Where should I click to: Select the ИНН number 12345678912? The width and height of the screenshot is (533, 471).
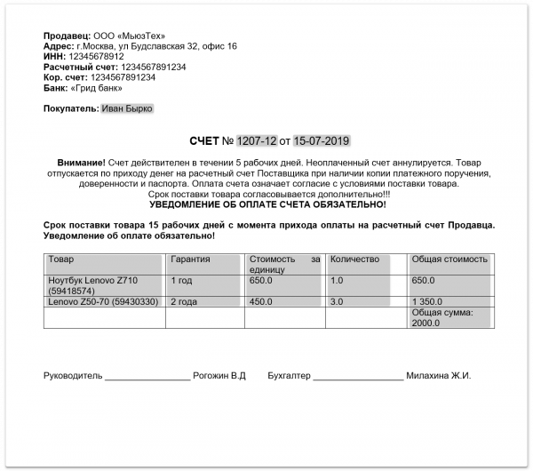tap(99, 56)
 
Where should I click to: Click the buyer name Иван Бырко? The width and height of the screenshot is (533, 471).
tap(126, 109)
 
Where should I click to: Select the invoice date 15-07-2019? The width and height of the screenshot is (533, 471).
tap(322, 140)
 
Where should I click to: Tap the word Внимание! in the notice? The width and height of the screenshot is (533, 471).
tap(81, 164)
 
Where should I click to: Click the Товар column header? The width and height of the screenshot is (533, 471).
tap(61, 259)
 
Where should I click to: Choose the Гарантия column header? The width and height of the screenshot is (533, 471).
tap(190, 259)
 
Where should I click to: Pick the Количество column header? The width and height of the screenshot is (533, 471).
tap(354, 259)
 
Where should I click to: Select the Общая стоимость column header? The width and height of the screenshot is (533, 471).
tap(449, 259)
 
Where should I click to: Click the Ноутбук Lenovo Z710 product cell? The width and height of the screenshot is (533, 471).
tap(92, 285)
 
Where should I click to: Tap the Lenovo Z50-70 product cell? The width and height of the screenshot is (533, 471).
tap(103, 302)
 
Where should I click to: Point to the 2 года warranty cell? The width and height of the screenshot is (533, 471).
tap(184, 302)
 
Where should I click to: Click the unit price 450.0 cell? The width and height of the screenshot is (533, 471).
tap(261, 302)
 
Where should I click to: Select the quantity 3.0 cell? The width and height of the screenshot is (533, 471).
tap(337, 302)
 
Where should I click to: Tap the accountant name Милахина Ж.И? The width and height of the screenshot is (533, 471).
tap(438, 376)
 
